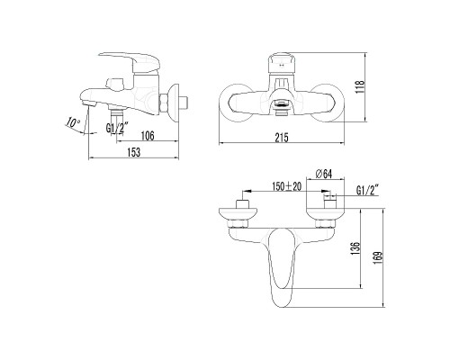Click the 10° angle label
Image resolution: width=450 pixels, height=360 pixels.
73,123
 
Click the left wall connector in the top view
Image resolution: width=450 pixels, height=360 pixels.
238,211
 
